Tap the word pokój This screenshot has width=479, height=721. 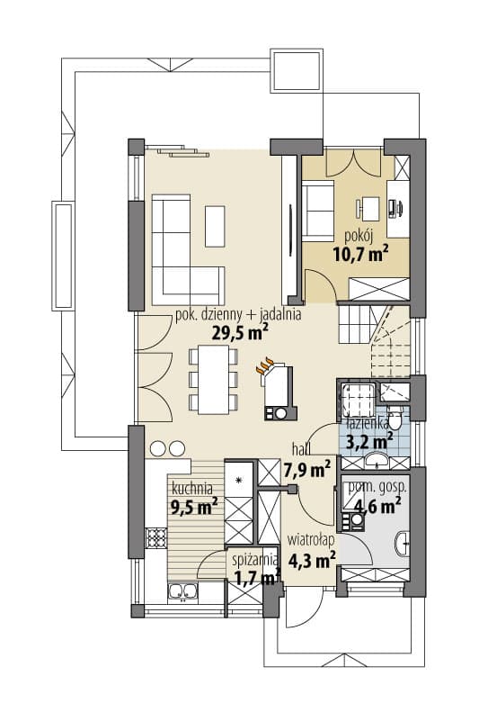click(x=359, y=237)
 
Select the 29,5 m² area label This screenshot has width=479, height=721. click(x=240, y=331)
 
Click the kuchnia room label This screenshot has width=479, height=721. click(x=192, y=487)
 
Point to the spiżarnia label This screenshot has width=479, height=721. click(x=255, y=560)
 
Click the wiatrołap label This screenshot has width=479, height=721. click(x=310, y=540)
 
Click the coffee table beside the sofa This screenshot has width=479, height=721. click(x=215, y=226)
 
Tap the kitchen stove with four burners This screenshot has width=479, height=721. click(x=155, y=537)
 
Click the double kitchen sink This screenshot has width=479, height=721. click(x=182, y=591)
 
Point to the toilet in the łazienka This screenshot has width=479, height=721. click(x=395, y=416)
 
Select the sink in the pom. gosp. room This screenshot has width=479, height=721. click(x=402, y=544)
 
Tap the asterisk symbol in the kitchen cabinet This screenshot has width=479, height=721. click(x=238, y=481)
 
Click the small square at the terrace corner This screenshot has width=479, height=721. click(x=296, y=71)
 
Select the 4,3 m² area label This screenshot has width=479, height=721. click(x=312, y=560)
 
